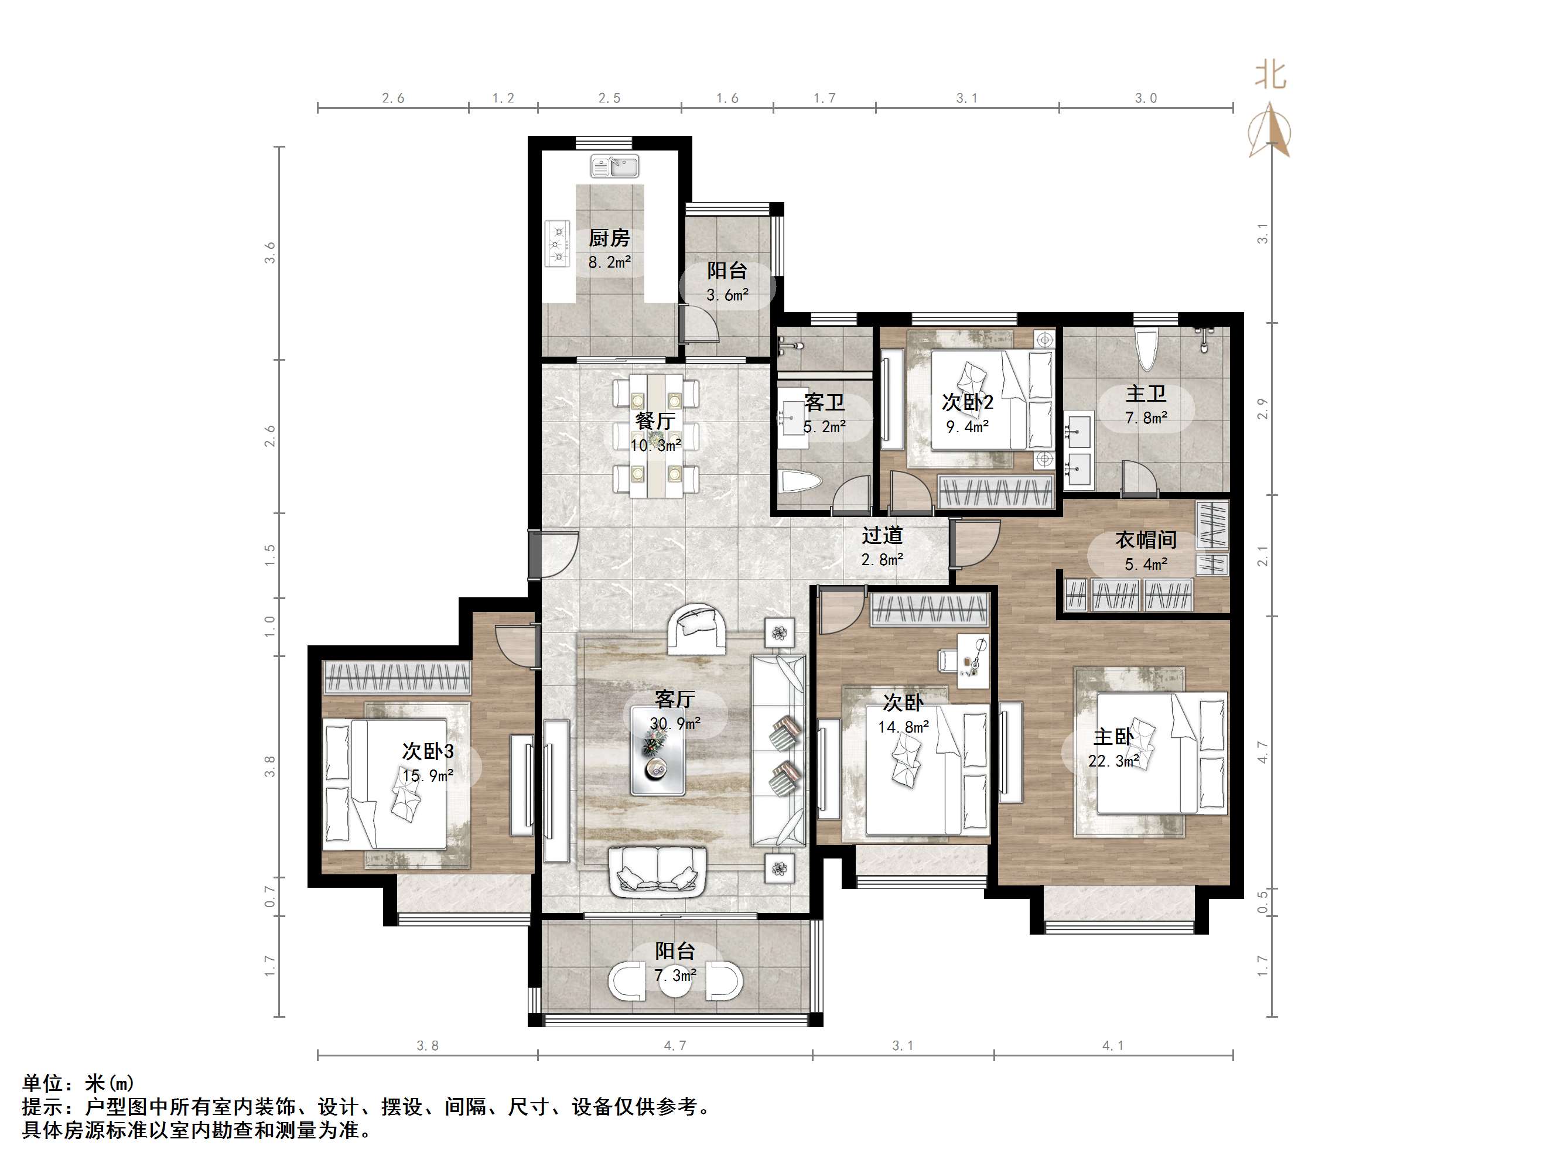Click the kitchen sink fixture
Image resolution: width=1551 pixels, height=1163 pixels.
click(x=615, y=166)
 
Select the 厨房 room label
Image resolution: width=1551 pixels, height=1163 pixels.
click(x=609, y=238)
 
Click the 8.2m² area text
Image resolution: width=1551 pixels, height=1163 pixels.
click(x=609, y=263)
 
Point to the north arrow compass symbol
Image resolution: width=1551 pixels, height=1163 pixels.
click(x=1270, y=129)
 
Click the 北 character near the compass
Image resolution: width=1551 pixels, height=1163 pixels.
click(x=1270, y=74)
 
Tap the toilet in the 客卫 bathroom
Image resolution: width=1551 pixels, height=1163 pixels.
click(x=800, y=483)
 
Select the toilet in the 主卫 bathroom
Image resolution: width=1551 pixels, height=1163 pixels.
click(x=1146, y=348)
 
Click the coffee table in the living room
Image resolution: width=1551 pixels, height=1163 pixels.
click(x=658, y=750)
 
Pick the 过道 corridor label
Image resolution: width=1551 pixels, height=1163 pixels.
click(x=882, y=536)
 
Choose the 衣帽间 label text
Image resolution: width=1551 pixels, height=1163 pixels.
click(x=1146, y=540)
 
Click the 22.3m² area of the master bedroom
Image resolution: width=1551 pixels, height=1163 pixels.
click(x=1113, y=761)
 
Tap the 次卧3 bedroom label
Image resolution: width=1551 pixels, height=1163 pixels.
click(x=428, y=751)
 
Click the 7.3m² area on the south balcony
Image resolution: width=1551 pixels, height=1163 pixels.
click(x=675, y=975)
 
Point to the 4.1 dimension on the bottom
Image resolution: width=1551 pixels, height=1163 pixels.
click(x=1113, y=1045)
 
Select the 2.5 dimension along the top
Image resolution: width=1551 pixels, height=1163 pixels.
click(x=609, y=98)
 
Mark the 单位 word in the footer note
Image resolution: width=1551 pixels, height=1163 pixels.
click(x=43, y=1083)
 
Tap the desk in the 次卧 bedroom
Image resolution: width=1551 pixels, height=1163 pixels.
click(x=965, y=657)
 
